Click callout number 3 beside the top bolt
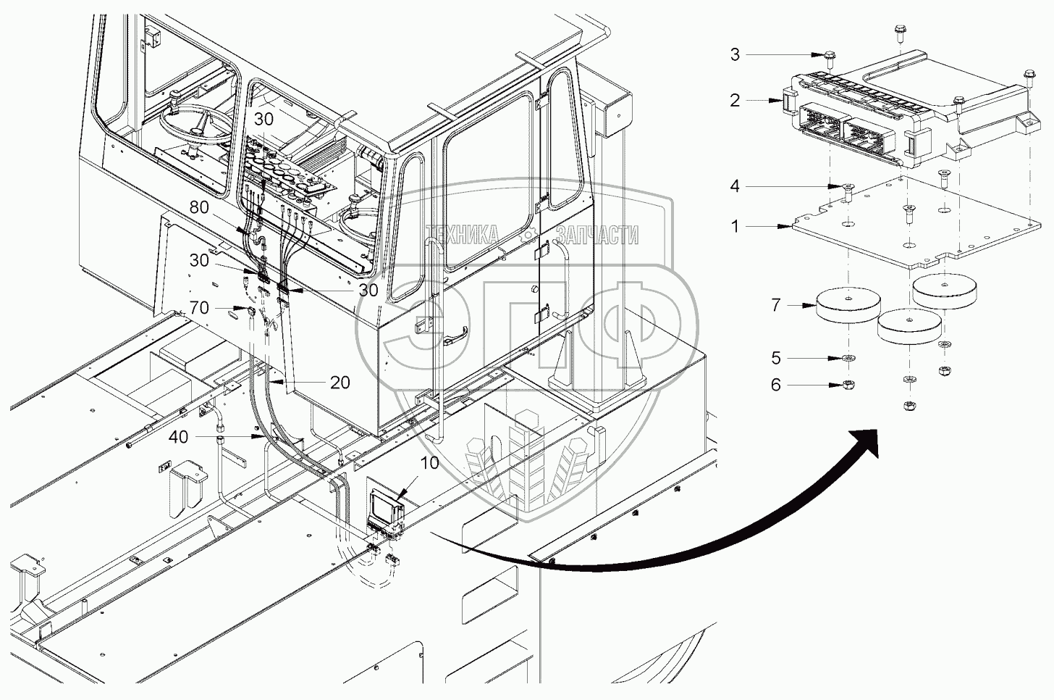pos(735,54)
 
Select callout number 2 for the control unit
pos(735,100)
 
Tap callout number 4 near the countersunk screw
pos(735,186)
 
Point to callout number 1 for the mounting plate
pos(735,227)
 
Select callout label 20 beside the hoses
pos(340,382)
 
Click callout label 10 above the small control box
pos(430,462)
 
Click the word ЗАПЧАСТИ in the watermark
pos(597,235)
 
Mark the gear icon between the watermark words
pos(531,234)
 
